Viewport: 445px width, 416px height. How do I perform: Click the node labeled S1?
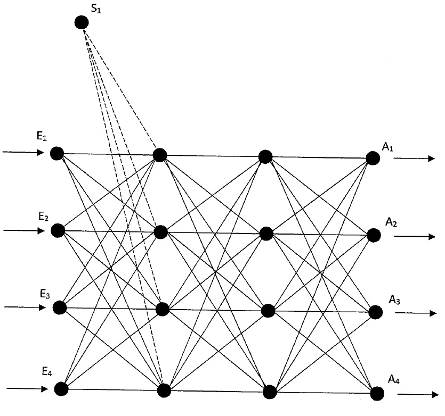(x=82, y=22)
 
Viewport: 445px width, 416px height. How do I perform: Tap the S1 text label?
(x=95, y=9)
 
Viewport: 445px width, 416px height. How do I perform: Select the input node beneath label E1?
(x=57, y=153)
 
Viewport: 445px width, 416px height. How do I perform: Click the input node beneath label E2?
(x=58, y=230)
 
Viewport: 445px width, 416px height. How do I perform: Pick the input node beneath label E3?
(x=60, y=307)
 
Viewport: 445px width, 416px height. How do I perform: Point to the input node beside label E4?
(x=61, y=389)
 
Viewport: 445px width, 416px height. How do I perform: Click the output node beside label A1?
(x=373, y=158)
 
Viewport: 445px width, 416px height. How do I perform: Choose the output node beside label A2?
(x=374, y=235)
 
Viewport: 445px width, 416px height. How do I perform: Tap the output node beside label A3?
(x=376, y=312)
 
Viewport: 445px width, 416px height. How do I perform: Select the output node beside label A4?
(x=377, y=394)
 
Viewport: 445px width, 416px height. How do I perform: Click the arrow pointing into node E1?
(x=23, y=153)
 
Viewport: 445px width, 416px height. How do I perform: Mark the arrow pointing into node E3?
(x=25, y=307)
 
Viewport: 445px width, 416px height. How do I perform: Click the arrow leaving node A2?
(x=415, y=236)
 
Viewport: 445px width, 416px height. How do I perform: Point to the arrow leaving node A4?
(x=418, y=394)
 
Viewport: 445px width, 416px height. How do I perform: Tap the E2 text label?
(x=43, y=217)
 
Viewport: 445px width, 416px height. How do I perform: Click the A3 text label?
(x=394, y=299)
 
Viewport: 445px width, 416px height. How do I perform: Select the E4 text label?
(x=47, y=371)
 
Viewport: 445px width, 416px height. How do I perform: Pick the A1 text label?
(x=387, y=147)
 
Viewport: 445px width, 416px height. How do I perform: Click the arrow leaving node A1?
(x=414, y=159)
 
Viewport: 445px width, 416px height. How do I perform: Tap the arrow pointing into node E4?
(x=27, y=389)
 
